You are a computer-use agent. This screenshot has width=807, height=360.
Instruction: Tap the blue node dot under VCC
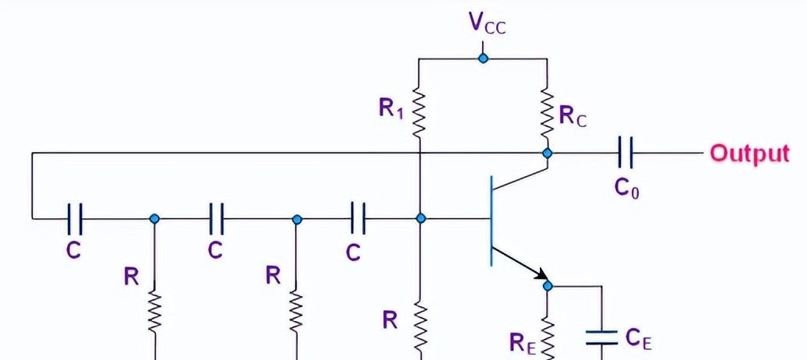pos(483,58)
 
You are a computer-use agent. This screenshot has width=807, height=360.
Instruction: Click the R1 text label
pos(390,109)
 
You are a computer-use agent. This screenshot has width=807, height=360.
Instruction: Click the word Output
pos(749,153)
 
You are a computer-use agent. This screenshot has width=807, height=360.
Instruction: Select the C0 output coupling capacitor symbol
pos(624,153)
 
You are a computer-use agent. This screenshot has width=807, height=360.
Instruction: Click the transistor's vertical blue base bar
pos(492,221)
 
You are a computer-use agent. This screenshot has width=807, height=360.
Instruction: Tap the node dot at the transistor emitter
pos(547,286)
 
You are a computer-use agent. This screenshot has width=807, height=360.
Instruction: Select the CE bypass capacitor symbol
pos(602,336)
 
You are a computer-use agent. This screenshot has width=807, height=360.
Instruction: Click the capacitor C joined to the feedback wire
pos(75,219)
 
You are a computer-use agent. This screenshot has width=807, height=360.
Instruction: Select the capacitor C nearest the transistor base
pos(358,219)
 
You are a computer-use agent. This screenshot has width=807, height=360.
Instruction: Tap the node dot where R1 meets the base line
pos(421,219)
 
